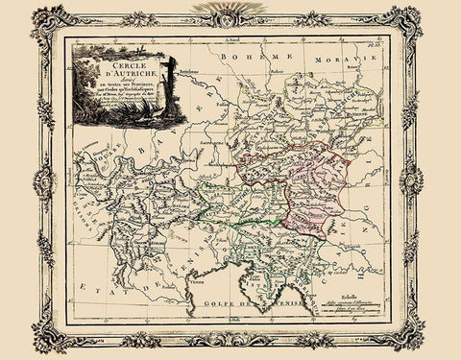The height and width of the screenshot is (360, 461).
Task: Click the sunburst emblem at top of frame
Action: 231,11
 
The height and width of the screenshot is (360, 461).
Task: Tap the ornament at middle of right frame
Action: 416,180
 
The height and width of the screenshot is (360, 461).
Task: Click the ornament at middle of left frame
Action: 44,180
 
